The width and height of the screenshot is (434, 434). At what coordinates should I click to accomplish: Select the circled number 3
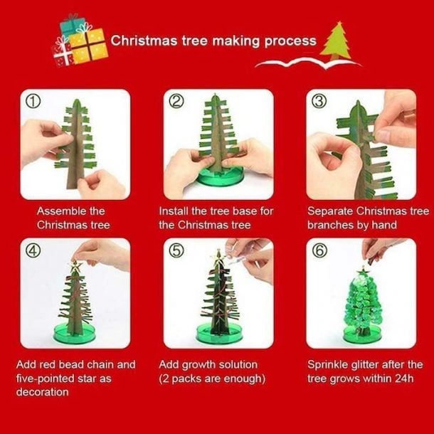coord(319,100)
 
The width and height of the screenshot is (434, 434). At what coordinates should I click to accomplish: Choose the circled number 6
coord(319,250)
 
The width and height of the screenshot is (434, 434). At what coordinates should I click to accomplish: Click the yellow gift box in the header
coord(89,43)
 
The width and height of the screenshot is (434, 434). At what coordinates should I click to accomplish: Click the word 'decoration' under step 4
coord(42,392)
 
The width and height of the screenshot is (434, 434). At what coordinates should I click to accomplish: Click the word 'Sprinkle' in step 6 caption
coord(330,365)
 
